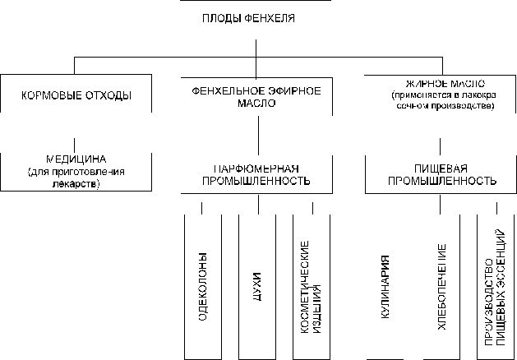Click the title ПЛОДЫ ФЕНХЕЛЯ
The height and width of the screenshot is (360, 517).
pos(258,17)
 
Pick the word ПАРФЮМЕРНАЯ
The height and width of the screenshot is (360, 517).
pos(256,168)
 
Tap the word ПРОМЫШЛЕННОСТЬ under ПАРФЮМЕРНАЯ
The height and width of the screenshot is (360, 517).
pos(256,179)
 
